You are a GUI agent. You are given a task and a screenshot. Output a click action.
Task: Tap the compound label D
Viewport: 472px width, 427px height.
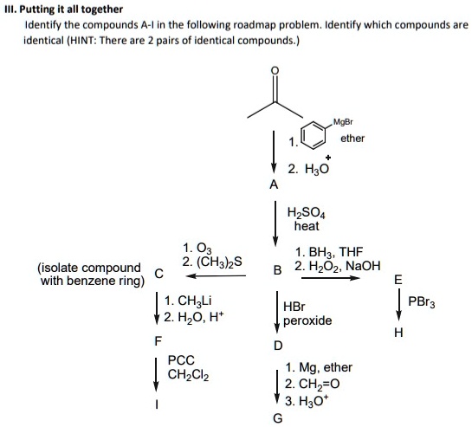pyautogui.click(x=277, y=346)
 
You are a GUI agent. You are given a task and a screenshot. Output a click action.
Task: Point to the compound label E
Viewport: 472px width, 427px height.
pyautogui.click(x=398, y=280)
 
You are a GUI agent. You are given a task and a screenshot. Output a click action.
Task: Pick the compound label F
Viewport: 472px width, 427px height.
pyautogui.click(x=157, y=340)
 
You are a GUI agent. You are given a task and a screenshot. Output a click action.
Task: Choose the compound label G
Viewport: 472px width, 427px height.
pyautogui.click(x=276, y=418)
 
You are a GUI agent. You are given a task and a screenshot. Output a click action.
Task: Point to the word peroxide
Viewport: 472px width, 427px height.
pyautogui.click(x=307, y=320)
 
